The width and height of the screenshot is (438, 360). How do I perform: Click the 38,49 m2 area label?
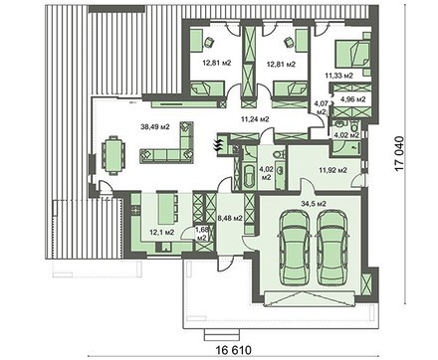pyautogui.click(x=156, y=126)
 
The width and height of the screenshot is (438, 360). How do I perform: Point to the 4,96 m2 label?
pyautogui.click(x=353, y=99)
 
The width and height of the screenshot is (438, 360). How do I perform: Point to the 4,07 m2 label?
pyautogui.click(x=321, y=107)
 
